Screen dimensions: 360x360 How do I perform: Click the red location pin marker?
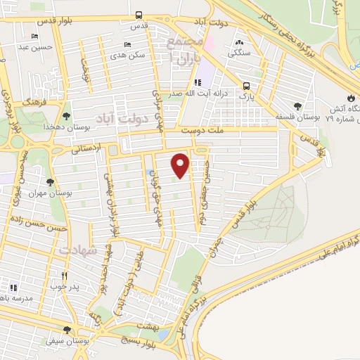pos(181,165)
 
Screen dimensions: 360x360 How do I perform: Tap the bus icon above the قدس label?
pos(139,15)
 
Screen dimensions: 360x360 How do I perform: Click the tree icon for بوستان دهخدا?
pos(66,117)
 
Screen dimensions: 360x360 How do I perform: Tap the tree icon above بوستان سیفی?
pos(67,330)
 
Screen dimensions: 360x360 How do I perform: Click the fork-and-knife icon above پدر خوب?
pos(65,276)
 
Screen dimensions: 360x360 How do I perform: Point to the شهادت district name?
pos(77,250)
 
